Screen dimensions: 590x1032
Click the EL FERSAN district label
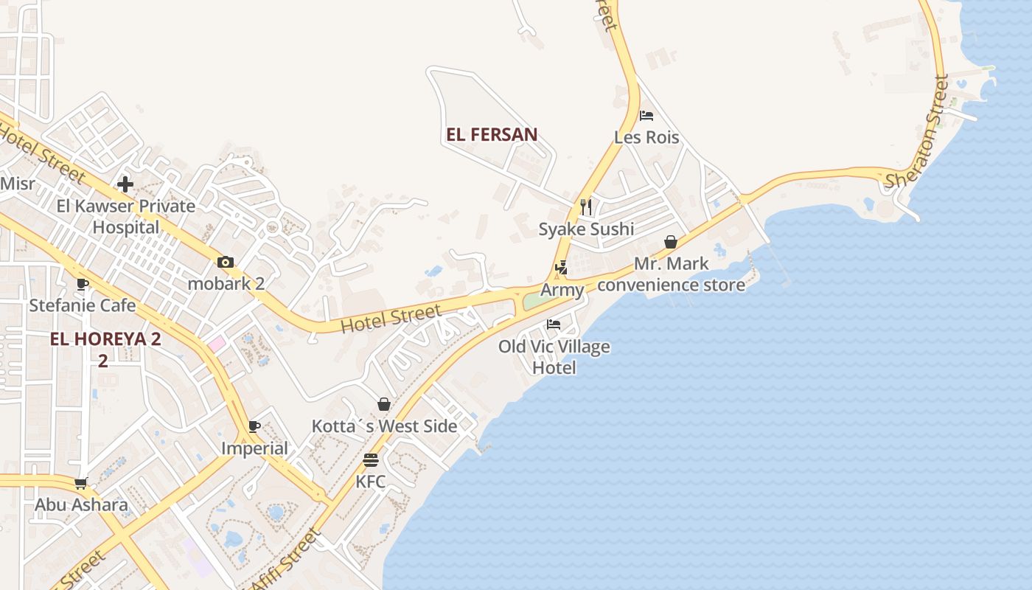tap(492, 135)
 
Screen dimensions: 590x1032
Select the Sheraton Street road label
tap(917, 133)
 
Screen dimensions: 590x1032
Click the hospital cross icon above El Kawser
tap(125, 184)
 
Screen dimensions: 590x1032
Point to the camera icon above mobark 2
tap(226, 263)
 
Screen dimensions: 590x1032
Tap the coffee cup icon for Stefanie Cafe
tap(83, 285)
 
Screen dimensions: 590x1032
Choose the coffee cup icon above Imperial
tap(254, 427)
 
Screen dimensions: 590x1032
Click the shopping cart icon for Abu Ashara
tap(81, 484)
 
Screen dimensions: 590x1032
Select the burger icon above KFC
tap(370, 461)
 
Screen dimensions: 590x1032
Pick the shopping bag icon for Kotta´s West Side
tap(384, 404)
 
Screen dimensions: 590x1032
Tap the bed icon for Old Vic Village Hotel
tap(554, 324)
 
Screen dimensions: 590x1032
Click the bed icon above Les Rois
tap(646, 116)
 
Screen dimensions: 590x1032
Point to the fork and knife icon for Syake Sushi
tap(586, 207)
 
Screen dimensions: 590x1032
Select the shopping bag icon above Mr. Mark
tap(671, 242)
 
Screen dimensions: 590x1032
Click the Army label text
tap(562, 290)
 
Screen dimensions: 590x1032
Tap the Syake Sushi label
tap(586, 229)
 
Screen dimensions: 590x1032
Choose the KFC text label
tap(370, 482)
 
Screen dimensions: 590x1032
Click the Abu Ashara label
tap(81, 505)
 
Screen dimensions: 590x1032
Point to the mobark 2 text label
tap(226, 284)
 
